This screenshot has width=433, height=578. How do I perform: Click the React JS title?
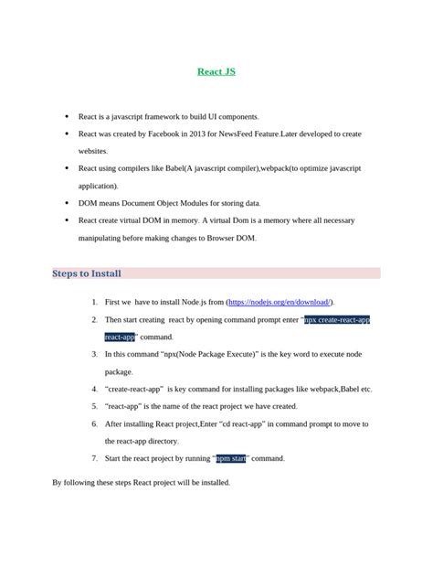point(216,70)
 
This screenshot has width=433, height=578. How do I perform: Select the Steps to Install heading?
point(87,273)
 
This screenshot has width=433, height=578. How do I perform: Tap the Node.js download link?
point(280,302)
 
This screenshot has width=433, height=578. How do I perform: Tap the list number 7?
point(94,458)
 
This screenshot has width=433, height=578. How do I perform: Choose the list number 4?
point(94,389)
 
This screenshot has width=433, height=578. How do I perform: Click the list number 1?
point(94,302)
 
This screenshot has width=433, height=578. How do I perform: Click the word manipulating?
point(104,239)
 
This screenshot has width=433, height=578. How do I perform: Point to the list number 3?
point(94,354)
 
